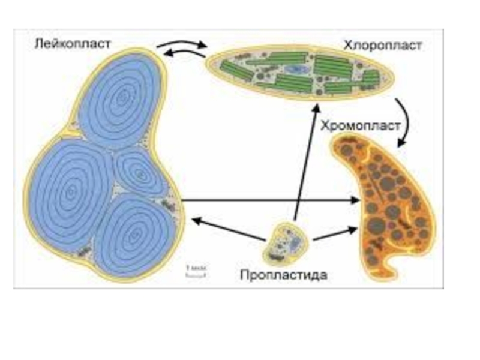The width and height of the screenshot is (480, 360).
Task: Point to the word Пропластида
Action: pyautogui.click(x=283, y=275)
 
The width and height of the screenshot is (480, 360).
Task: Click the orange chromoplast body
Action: pyautogui.click(x=390, y=204)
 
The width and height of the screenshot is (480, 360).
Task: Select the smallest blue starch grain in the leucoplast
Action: pyautogui.click(x=140, y=173)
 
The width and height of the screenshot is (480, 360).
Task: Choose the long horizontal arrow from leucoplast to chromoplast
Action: pyautogui.click(x=270, y=201)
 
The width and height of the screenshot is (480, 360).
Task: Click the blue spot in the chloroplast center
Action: pyautogui.click(x=295, y=70)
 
